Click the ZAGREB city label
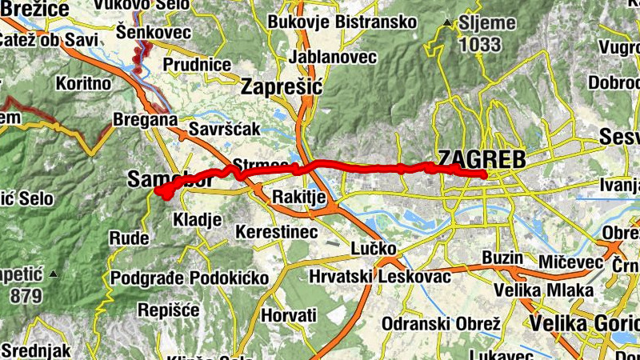pos(481,159)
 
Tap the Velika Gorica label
pos(584,323)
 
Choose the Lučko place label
pos(374,249)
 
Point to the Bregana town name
pos(144,118)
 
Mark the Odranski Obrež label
pos(442,323)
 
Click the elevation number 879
pos(26,296)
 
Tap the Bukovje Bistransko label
pos(342,22)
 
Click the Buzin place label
pos(502,258)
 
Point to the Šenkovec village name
pos(153,32)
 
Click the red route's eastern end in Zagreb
pos(485,174)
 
